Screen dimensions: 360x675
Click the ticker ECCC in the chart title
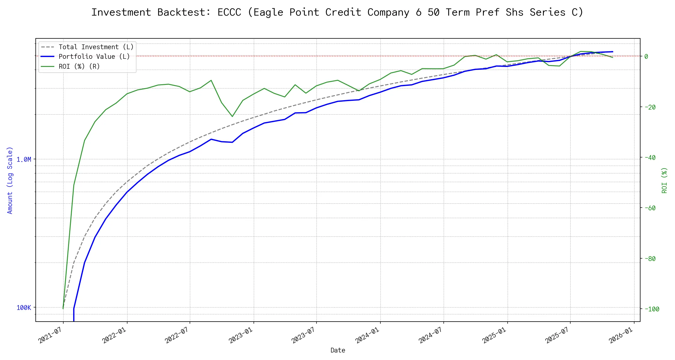tap(229, 12)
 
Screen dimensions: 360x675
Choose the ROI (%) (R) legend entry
tap(79, 66)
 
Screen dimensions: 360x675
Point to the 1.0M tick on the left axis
tap(24, 159)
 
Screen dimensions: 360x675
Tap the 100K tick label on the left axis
tap(24, 307)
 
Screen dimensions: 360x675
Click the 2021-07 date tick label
tap(50, 335)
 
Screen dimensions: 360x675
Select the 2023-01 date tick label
tap(241, 335)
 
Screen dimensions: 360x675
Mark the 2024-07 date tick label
tap(431, 335)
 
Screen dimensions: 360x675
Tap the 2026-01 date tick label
tap(621, 335)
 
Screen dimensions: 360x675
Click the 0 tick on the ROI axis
tap(646, 56)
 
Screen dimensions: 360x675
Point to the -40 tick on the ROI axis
tap(649, 157)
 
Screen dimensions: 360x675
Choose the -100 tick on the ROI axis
tap(651, 309)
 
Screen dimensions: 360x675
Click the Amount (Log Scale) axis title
tap(10, 180)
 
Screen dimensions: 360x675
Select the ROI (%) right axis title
tap(664, 180)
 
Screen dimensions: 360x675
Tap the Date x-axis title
tap(338, 350)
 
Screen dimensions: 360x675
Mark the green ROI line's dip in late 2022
tap(232, 116)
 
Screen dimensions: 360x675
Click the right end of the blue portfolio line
tap(613, 52)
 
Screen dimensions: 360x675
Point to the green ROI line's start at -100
tap(63, 308)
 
